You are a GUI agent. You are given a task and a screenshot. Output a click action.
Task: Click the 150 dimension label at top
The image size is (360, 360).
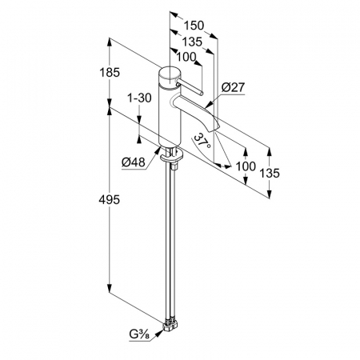pyautogui.click(x=194, y=26)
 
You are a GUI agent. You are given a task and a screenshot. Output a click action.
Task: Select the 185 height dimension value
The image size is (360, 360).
pyautogui.click(x=110, y=72)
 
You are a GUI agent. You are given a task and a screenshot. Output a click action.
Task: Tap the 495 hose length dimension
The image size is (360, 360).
pyautogui.click(x=110, y=199)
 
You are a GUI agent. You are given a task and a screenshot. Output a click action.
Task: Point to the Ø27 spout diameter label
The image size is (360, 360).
pyautogui.click(x=233, y=87)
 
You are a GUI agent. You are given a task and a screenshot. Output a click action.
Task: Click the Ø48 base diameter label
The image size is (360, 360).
pyautogui.click(x=134, y=162)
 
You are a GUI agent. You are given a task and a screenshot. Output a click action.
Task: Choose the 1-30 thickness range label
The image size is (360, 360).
pyautogui.click(x=139, y=98)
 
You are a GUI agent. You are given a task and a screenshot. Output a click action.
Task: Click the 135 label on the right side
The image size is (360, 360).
pyautogui.click(x=270, y=173)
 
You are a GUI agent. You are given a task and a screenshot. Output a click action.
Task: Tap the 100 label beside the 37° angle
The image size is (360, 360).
pyautogui.click(x=246, y=166)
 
